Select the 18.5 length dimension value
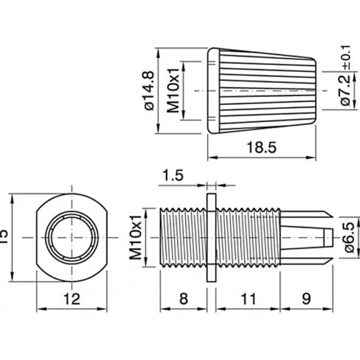point(261,147)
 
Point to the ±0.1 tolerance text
point(346,57)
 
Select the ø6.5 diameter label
point(349,237)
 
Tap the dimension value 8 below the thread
point(184,299)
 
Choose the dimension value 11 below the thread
point(248,299)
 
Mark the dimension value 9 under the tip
point(306,299)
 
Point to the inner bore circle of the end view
point(72,237)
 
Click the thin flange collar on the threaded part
point(211,237)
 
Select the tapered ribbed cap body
point(264,90)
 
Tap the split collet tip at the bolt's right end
point(306,237)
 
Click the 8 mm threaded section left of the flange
point(183,237)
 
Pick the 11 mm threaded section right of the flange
point(248,237)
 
